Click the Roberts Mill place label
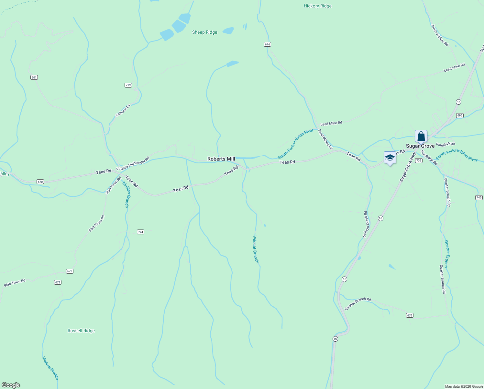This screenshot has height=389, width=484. pyautogui.click(x=221, y=159)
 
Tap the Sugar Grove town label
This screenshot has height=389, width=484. pyautogui.click(x=420, y=146)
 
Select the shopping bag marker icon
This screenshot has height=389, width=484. pyautogui.click(x=421, y=136)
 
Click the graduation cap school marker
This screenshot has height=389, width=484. pyautogui.click(x=390, y=158)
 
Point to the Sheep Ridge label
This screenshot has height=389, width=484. pyautogui.click(x=204, y=32)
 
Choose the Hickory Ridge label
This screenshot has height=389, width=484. pyautogui.click(x=317, y=6)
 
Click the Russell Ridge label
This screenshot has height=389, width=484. pyautogui.click(x=81, y=331)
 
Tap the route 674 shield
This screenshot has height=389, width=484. pyautogui.click(x=267, y=44)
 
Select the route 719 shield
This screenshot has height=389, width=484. pyautogui.click(x=128, y=85)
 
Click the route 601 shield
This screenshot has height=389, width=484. pyautogui.click(x=34, y=77)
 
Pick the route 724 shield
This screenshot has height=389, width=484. pyautogui.click(x=140, y=232)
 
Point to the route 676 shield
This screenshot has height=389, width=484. pyautogui.click(x=410, y=315)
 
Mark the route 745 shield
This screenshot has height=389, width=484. pyautogui.click(x=479, y=197)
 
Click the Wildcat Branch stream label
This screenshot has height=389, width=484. pyautogui.click(x=256, y=249)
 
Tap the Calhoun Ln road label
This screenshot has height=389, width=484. pyautogui.click(x=123, y=111)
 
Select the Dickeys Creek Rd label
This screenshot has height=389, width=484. pyautogui.click(x=366, y=224)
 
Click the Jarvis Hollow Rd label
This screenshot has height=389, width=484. pyautogui.click(x=440, y=35)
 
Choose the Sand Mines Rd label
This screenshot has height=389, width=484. pyautogui.click(x=325, y=139)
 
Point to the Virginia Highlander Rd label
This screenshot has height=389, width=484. pyautogui.click(x=133, y=164)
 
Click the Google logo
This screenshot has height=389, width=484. pyautogui.click(x=11, y=385)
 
